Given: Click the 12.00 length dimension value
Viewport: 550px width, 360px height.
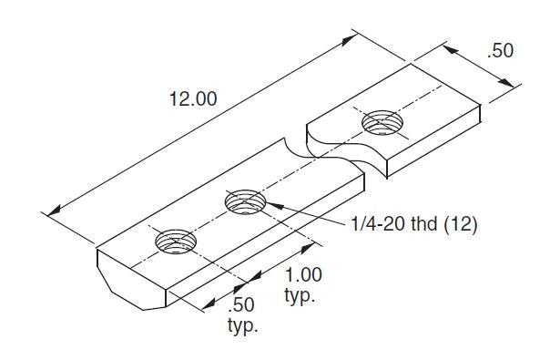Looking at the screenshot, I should pyautogui.click(x=192, y=99).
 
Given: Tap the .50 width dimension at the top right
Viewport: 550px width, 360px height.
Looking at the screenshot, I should pyautogui.click(x=500, y=51).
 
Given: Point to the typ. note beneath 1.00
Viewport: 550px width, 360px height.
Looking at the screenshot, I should pyautogui.click(x=300, y=297).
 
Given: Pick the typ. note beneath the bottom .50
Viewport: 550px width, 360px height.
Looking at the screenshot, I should pyautogui.click(x=242, y=325).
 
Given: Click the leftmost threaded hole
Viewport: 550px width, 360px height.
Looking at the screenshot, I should pyautogui.click(x=176, y=242).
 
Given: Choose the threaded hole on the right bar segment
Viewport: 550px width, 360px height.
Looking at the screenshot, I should pyautogui.click(x=382, y=122).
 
